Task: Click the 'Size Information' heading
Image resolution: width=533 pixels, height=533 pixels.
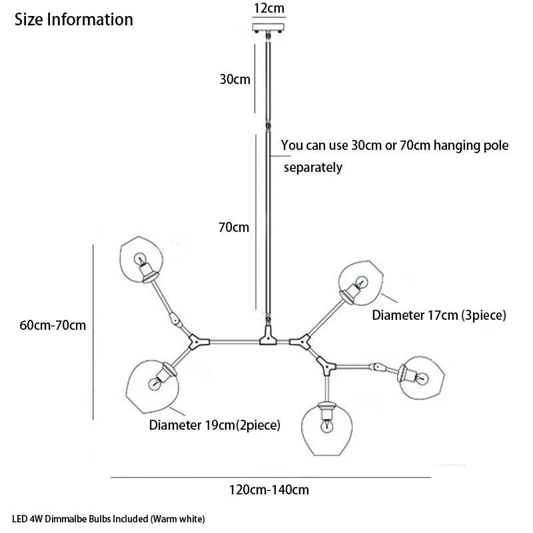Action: pyautogui.click(x=74, y=19)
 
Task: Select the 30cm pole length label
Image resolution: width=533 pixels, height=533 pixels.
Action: pyautogui.click(x=235, y=79)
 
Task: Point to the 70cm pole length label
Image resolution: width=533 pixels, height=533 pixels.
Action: pyautogui.click(x=234, y=227)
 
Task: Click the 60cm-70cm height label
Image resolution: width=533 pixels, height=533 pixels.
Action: pyautogui.click(x=54, y=326)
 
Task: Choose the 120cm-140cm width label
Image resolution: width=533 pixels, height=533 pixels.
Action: pyautogui.click(x=269, y=490)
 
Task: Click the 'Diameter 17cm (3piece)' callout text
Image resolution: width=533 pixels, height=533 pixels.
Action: pyautogui.click(x=439, y=314)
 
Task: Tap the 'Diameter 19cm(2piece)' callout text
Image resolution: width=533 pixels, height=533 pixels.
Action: pyautogui.click(x=214, y=424)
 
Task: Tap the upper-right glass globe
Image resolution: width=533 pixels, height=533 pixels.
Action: pyautogui.click(x=360, y=281)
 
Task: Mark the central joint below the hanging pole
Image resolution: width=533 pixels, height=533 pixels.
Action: pyautogui.click(x=267, y=336)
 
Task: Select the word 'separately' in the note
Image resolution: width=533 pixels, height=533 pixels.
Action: pyautogui.click(x=312, y=168)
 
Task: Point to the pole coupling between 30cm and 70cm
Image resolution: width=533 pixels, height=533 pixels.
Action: pyautogui.click(x=268, y=126)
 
